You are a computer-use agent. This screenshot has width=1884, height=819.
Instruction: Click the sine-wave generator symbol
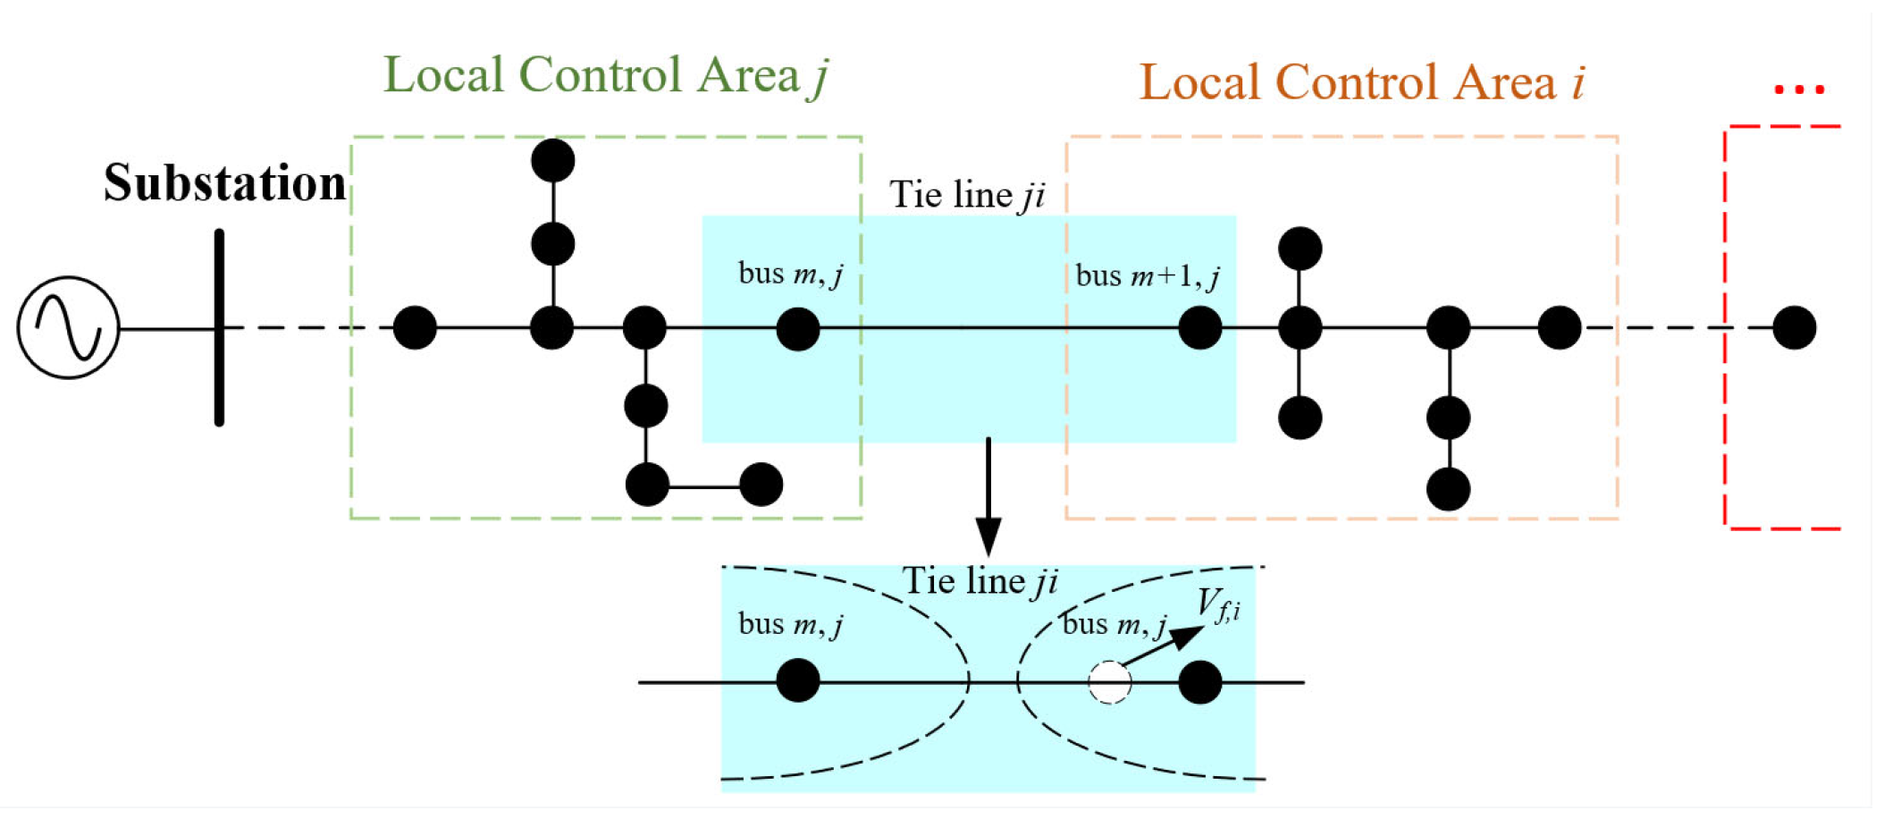(68, 328)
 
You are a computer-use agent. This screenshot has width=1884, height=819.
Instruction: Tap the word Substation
(224, 183)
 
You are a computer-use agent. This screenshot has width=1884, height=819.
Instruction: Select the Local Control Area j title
(606, 75)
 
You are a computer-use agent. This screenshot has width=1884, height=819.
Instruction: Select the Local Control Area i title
(1362, 83)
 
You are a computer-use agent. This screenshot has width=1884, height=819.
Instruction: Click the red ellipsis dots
(1798, 89)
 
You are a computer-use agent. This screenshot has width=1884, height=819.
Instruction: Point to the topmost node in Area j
(552, 161)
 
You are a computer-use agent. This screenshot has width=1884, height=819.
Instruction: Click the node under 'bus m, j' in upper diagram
(798, 329)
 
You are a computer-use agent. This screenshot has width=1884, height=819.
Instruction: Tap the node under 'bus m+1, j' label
(1199, 328)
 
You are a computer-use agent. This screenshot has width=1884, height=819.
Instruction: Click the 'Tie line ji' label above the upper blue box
(967, 195)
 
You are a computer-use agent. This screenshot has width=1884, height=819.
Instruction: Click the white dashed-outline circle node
(1109, 682)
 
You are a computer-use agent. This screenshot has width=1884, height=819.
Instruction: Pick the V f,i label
(1218, 605)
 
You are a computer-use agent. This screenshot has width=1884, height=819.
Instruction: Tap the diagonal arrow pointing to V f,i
(1163, 646)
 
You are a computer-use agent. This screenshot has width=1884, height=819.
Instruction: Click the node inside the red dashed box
(1794, 327)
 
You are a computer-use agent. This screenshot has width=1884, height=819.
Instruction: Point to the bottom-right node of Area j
(761, 485)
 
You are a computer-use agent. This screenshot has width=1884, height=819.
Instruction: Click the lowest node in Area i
(1448, 490)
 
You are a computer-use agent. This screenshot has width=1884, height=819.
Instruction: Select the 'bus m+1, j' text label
(1148, 276)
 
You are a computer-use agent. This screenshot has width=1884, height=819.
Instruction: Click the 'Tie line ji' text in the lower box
(980, 582)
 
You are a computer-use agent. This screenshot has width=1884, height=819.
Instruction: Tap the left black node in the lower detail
(798, 680)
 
